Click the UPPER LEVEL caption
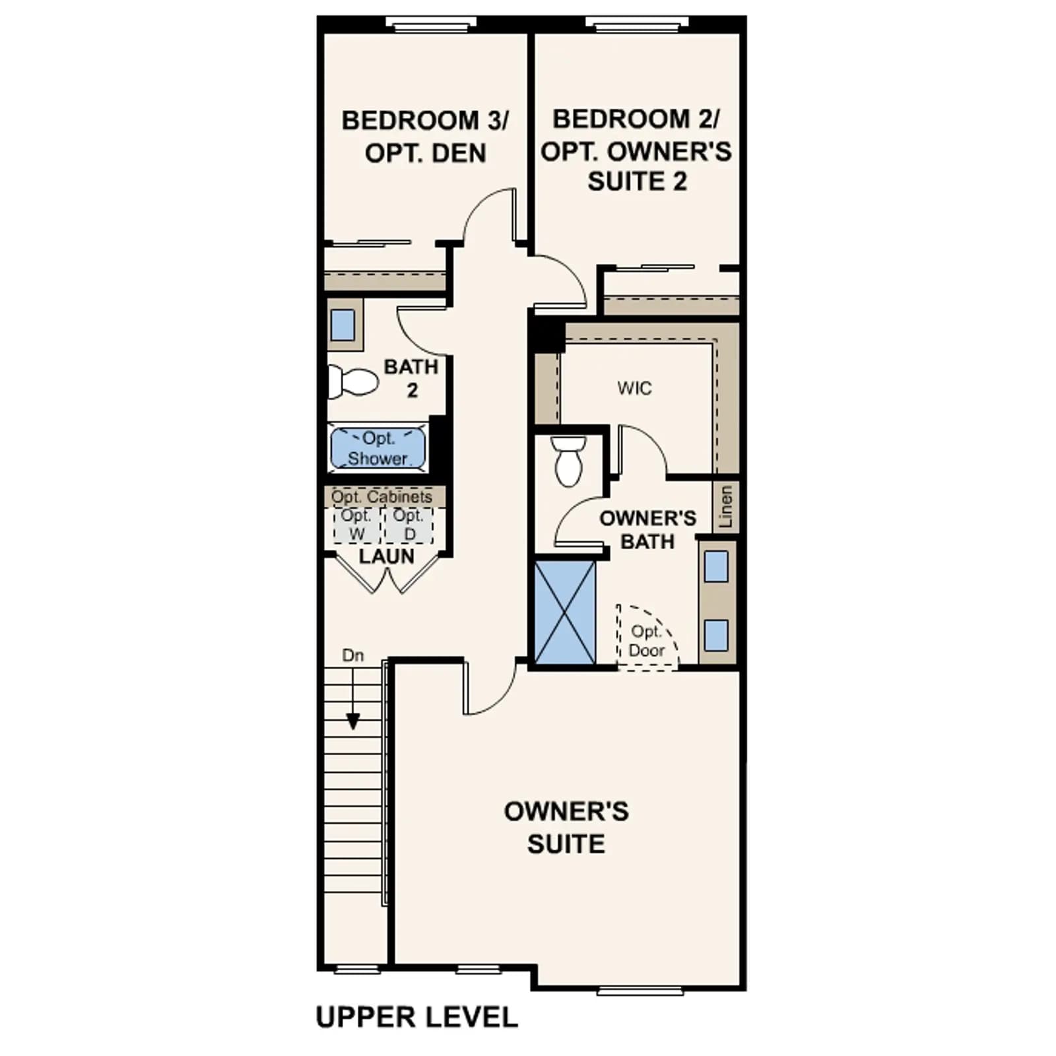click(x=417, y=1017)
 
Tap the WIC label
click(x=634, y=388)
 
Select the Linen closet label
click(x=726, y=507)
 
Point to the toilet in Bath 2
click(x=353, y=381)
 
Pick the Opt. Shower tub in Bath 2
click(x=378, y=449)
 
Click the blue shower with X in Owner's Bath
click(x=565, y=612)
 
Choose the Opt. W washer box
click(x=356, y=525)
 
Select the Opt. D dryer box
click(x=409, y=525)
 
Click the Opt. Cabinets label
click(x=381, y=496)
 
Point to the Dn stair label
click(x=353, y=655)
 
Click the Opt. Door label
click(x=646, y=641)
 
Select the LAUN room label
click(x=387, y=556)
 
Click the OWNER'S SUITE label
click(x=566, y=828)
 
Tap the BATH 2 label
click(x=411, y=378)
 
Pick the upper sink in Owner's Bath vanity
click(x=716, y=566)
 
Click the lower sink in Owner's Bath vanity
click(x=716, y=636)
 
